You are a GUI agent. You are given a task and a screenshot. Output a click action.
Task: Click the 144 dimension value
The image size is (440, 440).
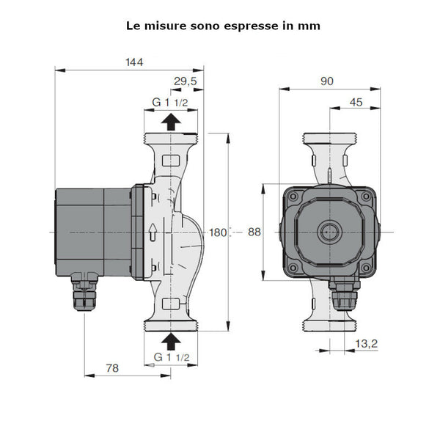(133, 62)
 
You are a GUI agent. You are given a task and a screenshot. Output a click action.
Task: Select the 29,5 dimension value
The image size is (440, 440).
(185, 81)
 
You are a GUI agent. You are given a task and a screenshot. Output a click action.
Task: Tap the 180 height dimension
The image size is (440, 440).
(218, 232)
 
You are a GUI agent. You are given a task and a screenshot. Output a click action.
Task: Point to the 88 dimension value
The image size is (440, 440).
(254, 232)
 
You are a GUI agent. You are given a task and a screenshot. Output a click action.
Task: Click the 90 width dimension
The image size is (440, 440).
(327, 81)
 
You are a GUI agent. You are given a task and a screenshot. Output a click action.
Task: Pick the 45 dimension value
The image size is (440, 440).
(356, 103)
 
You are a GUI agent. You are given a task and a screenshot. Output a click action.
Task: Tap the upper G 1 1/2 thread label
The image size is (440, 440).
(170, 102)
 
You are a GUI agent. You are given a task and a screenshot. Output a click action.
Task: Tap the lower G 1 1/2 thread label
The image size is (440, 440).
(170, 357)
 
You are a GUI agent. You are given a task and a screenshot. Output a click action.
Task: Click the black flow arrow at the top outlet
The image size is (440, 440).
(170, 122)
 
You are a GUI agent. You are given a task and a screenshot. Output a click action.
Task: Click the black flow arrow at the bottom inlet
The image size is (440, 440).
(170, 340)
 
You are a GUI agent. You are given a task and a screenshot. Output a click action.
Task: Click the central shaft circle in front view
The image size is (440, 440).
(327, 232)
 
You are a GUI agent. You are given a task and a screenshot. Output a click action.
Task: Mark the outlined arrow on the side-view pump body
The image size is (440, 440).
(152, 233)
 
